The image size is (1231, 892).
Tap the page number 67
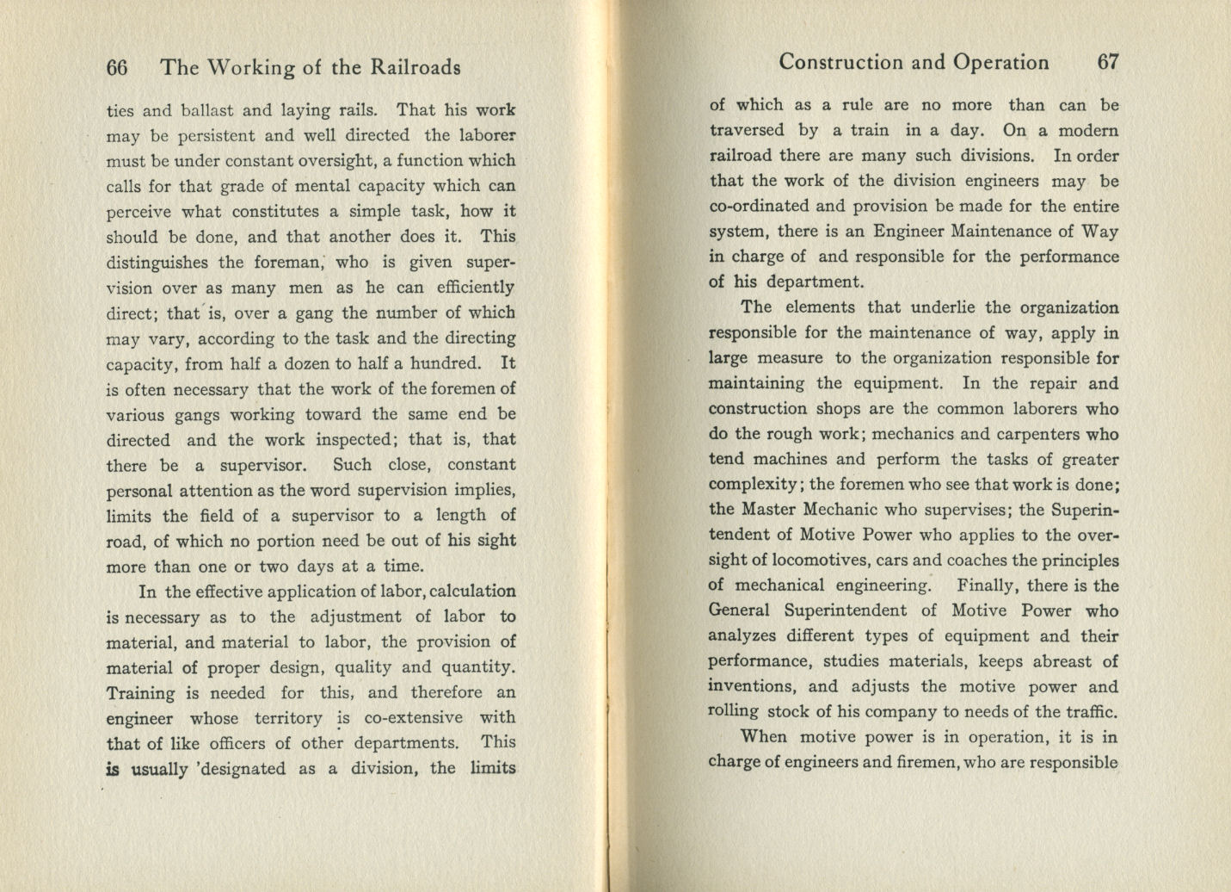pyautogui.click(x=1108, y=62)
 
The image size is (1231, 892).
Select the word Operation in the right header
pyautogui.click(x=1000, y=62)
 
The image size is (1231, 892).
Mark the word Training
pyautogui.click(x=140, y=693)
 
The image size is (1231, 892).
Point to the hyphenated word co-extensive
pyautogui.click(x=413, y=718)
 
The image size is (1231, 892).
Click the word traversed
pyautogui.click(x=747, y=131)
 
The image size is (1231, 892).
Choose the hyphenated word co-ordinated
pyautogui.click(x=759, y=207)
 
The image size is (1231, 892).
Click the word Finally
pyautogui.click(x=988, y=585)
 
